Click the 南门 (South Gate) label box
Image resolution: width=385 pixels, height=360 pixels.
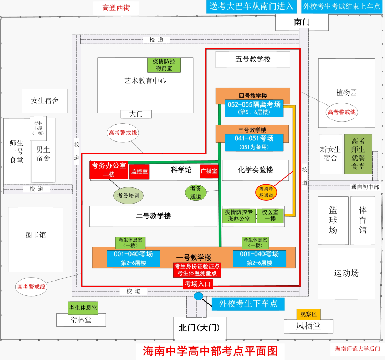tap(302, 22)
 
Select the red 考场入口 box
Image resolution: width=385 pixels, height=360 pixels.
tap(198, 284)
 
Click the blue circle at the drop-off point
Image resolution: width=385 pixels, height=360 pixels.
tap(198, 296)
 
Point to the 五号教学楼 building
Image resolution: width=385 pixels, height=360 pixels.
tap(253, 59)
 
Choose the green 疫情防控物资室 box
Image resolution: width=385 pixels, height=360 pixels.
tap(164, 65)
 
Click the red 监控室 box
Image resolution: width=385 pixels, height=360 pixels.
tap(139, 171)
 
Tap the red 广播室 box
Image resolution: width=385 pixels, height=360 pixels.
tap(209, 171)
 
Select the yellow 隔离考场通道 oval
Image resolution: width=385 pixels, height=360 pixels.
tap(266, 192)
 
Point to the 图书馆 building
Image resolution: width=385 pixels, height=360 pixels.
tap(36, 235)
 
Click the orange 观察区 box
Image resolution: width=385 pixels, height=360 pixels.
tap(308, 314)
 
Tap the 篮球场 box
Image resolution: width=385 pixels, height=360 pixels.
tap(333, 220)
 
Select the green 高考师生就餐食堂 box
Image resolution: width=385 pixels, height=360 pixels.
tap(358, 154)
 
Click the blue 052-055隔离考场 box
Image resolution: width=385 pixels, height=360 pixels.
tap(254, 108)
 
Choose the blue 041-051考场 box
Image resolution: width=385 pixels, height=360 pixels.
tap(254, 142)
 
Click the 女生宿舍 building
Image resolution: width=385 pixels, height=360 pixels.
tap(45, 101)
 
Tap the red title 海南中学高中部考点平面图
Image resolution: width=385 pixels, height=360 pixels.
tap(210, 351)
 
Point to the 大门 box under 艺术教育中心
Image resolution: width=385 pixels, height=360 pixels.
tap(136, 114)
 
